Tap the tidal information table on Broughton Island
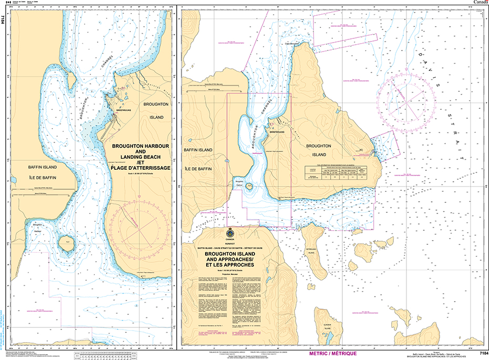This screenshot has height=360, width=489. pyautogui.click(x=342, y=173)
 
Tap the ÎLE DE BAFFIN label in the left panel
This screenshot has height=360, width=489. pyautogui.click(x=43, y=178)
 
